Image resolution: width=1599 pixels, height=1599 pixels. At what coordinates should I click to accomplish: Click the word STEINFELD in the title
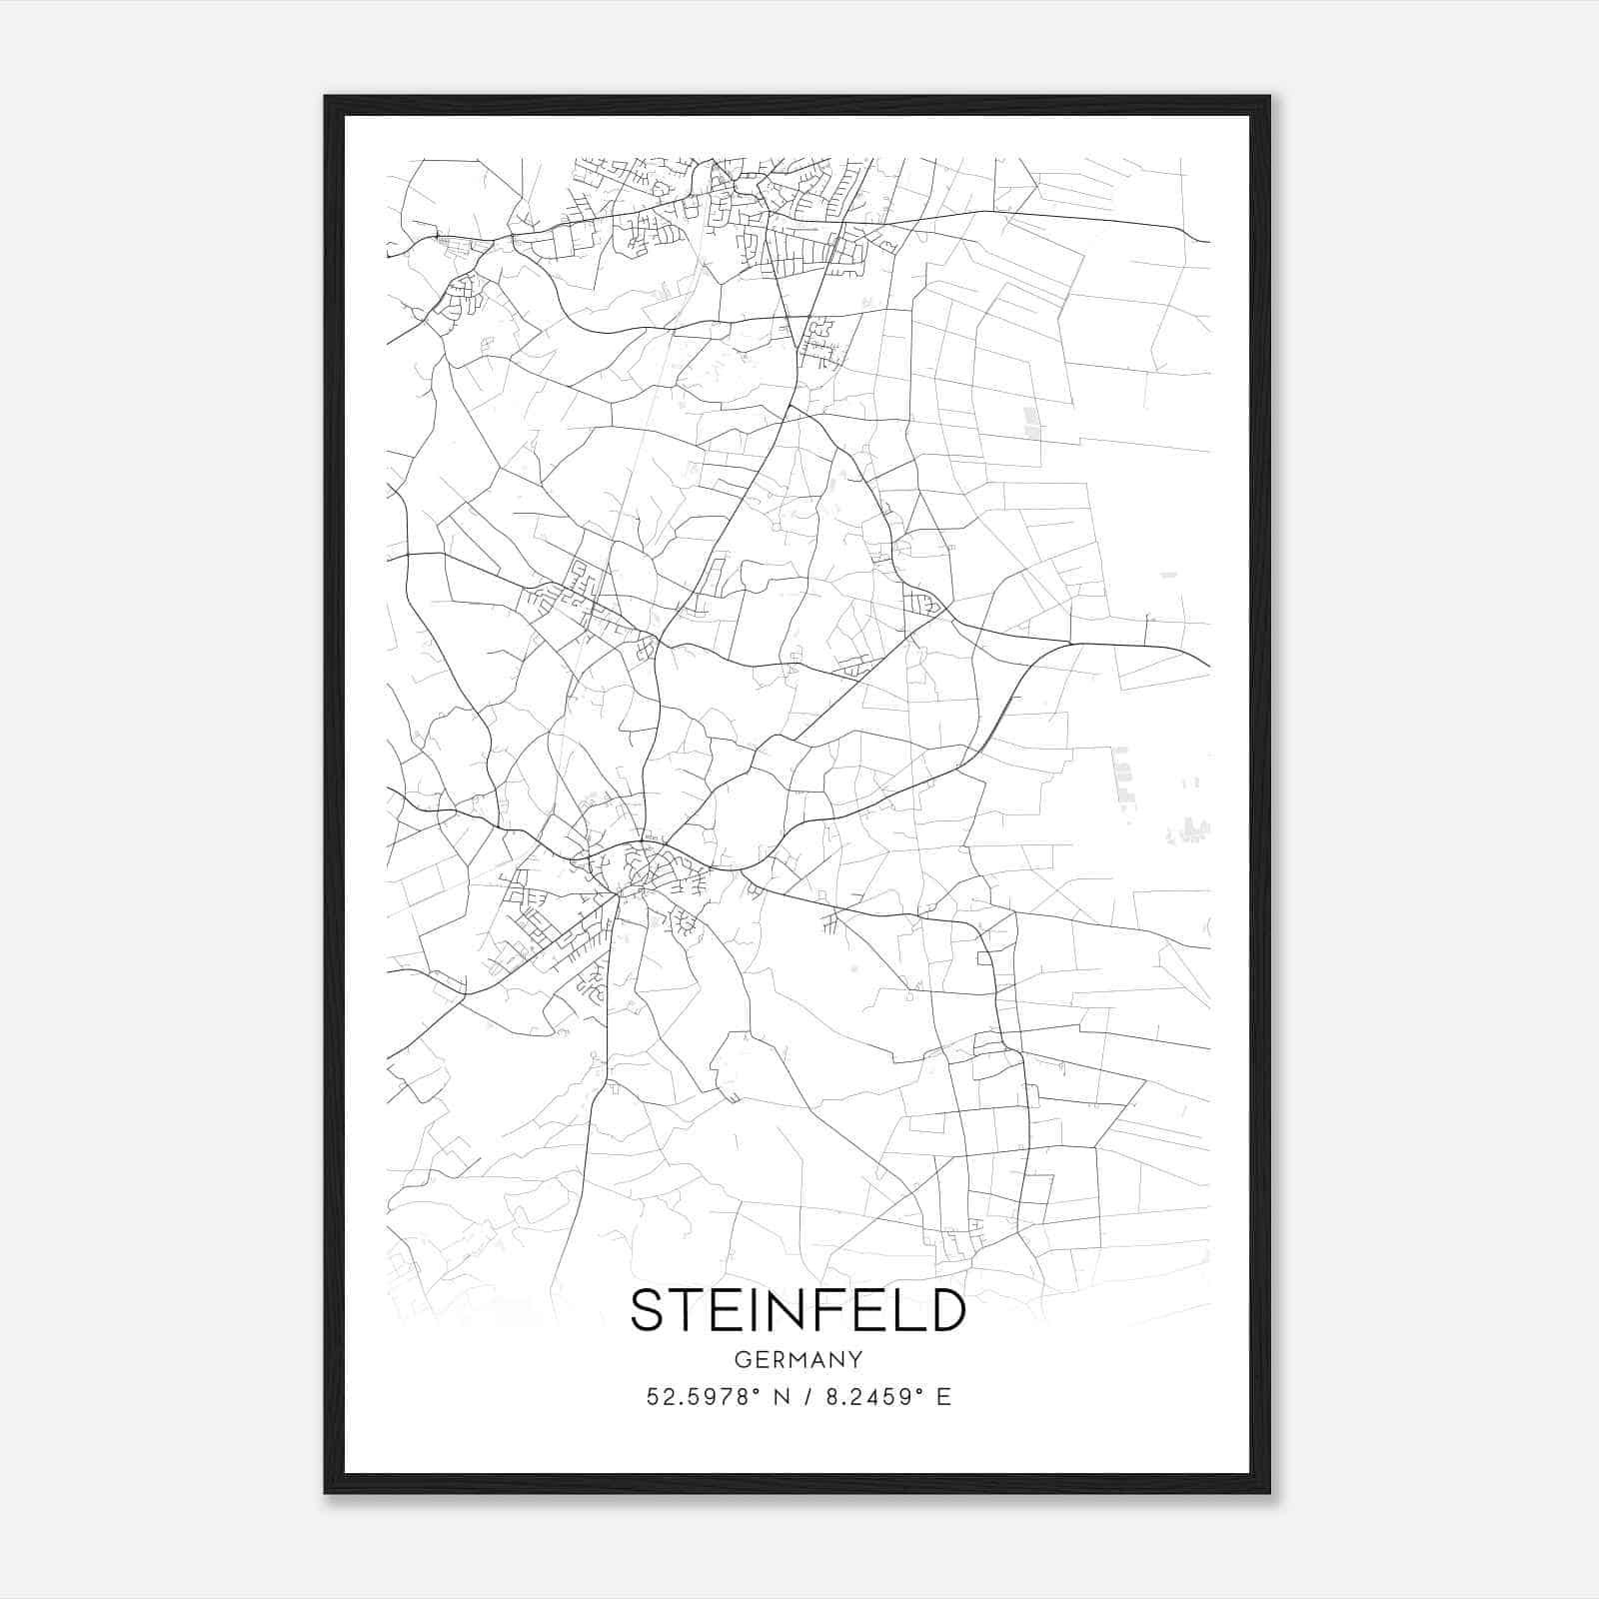click(798, 1310)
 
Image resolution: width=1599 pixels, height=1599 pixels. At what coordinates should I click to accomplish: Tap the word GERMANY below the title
click(798, 1360)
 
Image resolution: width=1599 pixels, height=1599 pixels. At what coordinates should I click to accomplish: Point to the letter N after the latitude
click(783, 1397)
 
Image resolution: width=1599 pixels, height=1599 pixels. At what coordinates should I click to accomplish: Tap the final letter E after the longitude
click(944, 1397)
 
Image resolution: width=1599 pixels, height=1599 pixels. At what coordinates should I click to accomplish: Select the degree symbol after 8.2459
click(921, 1390)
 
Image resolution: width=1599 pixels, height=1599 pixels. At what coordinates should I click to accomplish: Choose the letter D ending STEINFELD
click(944, 1310)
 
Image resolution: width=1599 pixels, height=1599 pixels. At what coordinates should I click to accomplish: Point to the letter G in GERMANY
click(742, 1360)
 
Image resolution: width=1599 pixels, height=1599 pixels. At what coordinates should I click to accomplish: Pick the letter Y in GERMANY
click(855, 1360)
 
